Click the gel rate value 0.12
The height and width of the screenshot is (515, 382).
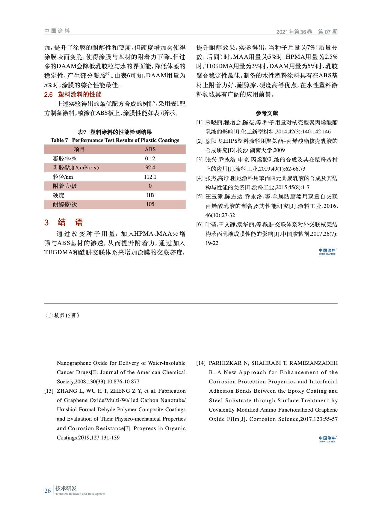point(150,159)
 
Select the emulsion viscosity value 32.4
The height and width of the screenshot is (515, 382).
point(150,168)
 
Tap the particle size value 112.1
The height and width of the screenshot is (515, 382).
point(150,177)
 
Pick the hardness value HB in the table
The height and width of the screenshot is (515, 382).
point(150,195)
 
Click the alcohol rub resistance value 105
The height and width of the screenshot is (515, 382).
point(150,204)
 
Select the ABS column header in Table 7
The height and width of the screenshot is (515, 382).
point(150,149)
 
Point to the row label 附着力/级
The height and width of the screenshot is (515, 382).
point(65,186)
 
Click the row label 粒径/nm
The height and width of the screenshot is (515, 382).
point(63,177)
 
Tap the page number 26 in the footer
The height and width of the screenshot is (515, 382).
point(48,491)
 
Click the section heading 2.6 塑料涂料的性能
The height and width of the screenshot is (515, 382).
point(73,95)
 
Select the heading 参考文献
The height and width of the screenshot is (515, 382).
point(267,113)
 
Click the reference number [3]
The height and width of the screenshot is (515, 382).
point(200,160)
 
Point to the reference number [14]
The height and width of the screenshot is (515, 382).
point(201,363)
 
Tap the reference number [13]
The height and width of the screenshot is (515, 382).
point(49,391)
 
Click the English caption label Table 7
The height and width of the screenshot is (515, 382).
point(59,140)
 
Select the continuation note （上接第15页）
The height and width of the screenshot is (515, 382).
point(62,315)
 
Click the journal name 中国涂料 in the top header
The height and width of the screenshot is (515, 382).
point(57,31)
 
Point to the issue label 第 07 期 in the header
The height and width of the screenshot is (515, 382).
point(327,32)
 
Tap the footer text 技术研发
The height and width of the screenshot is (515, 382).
point(66,488)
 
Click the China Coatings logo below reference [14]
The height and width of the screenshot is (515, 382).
point(327,439)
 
